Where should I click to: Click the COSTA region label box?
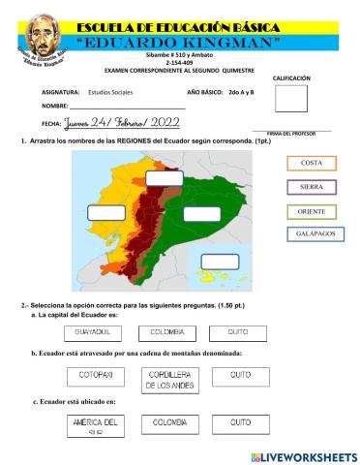[x=312, y=163]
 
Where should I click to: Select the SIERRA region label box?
[x=312, y=187]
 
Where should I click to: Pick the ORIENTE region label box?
[x=312, y=211]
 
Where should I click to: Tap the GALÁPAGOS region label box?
[x=312, y=235]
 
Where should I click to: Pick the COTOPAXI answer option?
[x=97, y=374]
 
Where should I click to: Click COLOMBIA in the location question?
[x=168, y=422]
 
